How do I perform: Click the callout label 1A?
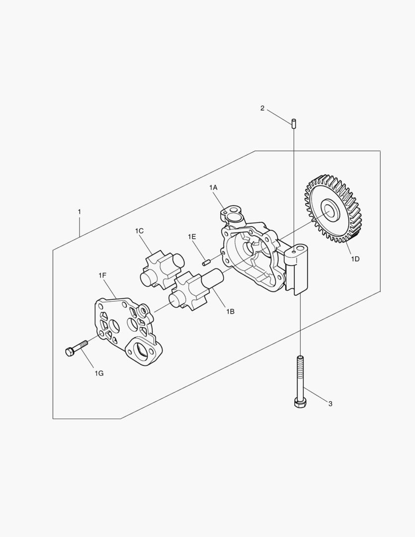(x=213, y=187)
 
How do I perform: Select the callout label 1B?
(x=230, y=312)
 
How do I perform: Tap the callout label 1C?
(x=139, y=231)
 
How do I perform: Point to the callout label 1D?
(x=355, y=259)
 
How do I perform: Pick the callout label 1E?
(x=192, y=237)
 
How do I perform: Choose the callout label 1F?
(x=102, y=275)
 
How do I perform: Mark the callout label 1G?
(x=99, y=373)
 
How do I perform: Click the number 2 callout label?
(x=262, y=108)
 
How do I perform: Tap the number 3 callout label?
(x=331, y=404)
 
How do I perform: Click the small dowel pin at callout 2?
(x=294, y=123)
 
